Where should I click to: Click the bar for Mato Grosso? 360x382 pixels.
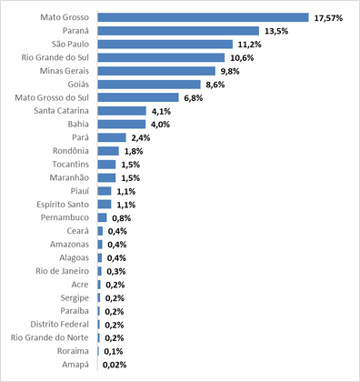[x=203, y=17]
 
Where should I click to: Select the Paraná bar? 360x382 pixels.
[x=178, y=31]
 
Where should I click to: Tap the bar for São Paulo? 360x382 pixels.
[x=165, y=45]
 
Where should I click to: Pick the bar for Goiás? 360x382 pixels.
[x=149, y=85]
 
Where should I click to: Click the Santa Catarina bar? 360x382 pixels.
[x=122, y=111]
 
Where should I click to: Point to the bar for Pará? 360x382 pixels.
[x=112, y=137]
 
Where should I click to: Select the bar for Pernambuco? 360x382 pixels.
[x=102, y=217]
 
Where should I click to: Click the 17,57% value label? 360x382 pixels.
[x=328, y=18]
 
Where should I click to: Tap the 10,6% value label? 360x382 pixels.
[x=242, y=58]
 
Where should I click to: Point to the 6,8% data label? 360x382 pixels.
[x=194, y=98]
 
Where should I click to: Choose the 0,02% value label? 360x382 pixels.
[x=115, y=365]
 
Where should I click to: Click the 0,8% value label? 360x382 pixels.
[x=122, y=218]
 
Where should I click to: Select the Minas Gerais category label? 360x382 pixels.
[x=65, y=71]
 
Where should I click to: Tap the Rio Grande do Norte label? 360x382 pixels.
[x=50, y=337]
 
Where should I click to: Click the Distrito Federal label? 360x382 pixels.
[x=60, y=325]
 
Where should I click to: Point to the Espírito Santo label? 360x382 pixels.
[x=63, y=205]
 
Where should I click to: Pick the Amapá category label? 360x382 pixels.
[x=75, y=365]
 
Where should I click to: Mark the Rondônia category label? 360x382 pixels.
[x=71, y=151]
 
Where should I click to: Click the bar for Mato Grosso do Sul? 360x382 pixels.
[x=138, y=97]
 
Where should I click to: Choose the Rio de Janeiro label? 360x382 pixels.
[x=63, y=271]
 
